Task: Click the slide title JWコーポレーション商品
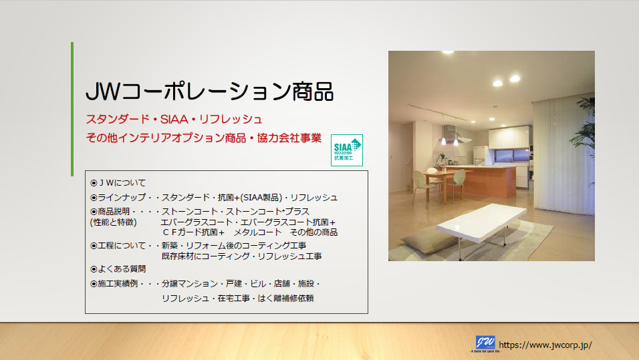coord(209,92)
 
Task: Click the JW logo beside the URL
coord(485,343)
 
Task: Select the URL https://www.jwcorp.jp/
coord(545,345)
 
